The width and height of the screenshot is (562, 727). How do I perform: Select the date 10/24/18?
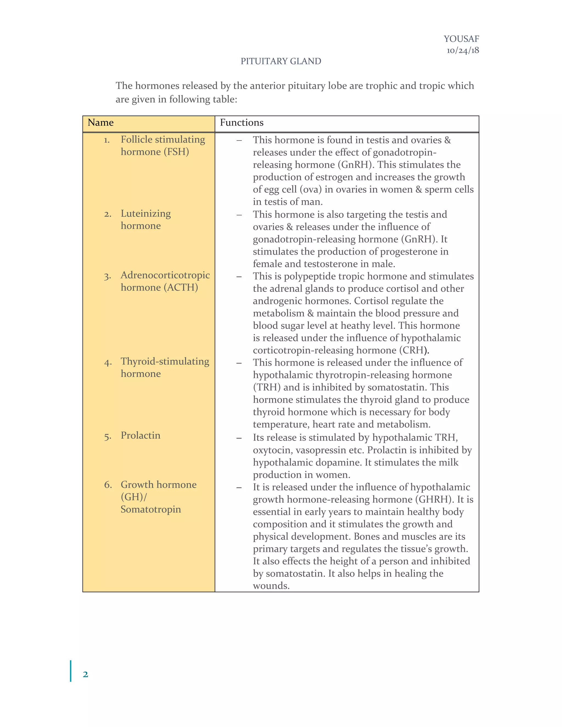(x=462, y=50)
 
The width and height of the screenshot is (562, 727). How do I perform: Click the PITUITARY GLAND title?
(x=281, y=61)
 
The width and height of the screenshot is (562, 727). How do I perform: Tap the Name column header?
(x=100, y=123)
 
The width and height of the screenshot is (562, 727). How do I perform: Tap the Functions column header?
(x=241, y=123)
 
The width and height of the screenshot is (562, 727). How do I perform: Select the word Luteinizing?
(x=145, y=213)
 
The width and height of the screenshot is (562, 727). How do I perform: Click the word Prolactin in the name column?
(x=140, y=435)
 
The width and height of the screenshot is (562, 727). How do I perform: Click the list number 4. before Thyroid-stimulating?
(x=108, y=362)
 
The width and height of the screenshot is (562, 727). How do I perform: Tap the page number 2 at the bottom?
(x=85, y=674)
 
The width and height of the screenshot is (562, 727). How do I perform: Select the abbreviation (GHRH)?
(x=435, y=499)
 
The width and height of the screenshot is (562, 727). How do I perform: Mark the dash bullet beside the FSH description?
(x=239, y=140)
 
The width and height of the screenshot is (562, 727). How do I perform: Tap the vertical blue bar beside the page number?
(x=71, y=671)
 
